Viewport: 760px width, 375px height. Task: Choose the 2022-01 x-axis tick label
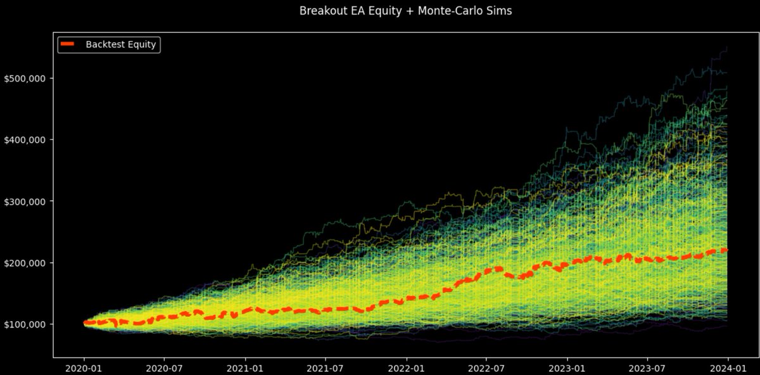[406, 367]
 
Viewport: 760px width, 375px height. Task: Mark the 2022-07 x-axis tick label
[486, 367]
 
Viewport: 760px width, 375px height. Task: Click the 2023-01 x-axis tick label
[567, 367]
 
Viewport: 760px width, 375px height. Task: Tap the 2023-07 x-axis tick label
[647, 367]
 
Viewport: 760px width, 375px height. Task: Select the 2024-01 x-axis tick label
[728, 367]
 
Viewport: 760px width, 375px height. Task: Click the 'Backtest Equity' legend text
[121, 44]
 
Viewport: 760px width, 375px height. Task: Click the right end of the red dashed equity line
[726, 250]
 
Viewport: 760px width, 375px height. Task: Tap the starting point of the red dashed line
[84, 323]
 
